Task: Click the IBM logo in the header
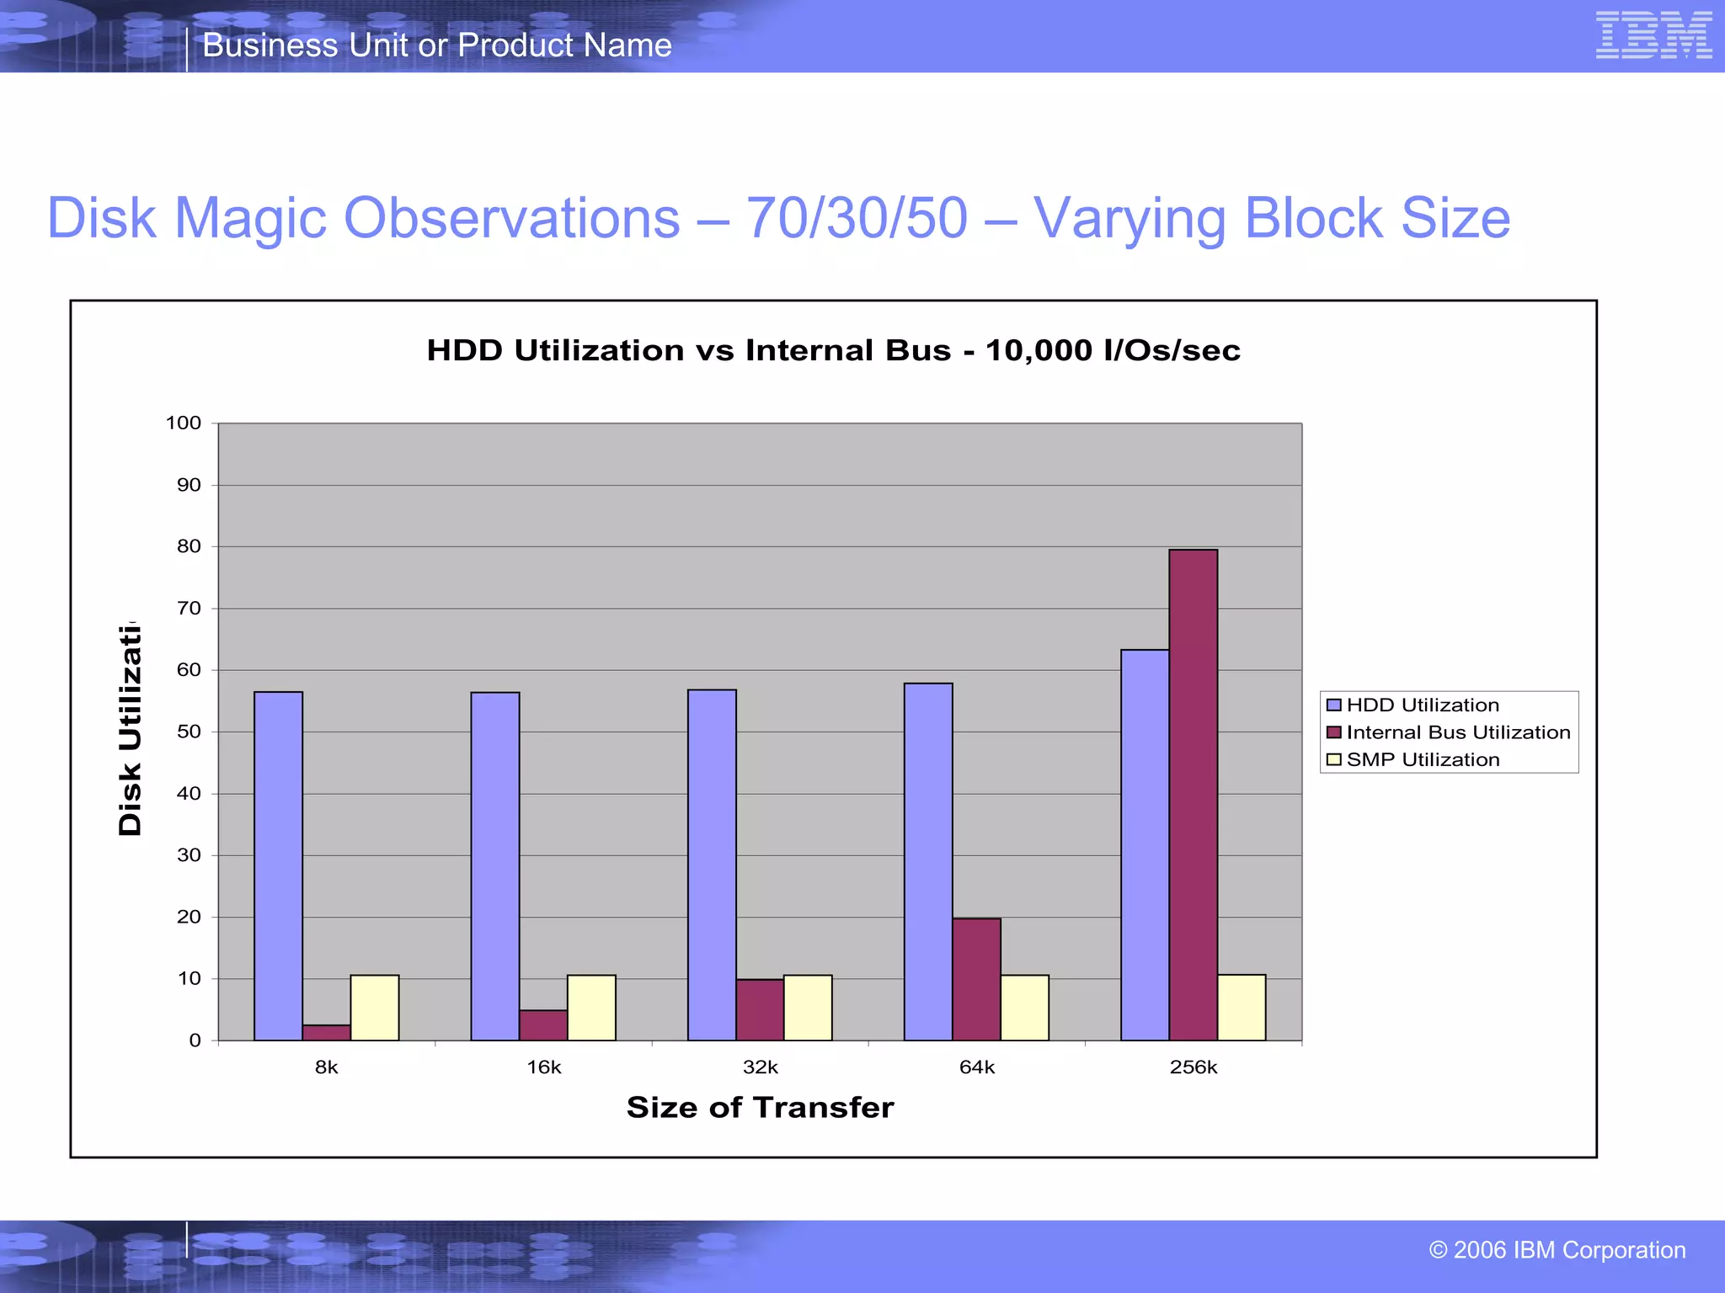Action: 1653,35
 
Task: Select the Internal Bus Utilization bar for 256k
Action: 1193,795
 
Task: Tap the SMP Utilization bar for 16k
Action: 591,1008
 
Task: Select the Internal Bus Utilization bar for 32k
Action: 760,1009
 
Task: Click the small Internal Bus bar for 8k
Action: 326,1032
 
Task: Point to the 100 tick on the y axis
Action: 184,423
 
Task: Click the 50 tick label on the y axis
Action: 189,732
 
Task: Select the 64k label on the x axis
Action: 977,1067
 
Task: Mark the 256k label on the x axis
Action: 1194,1067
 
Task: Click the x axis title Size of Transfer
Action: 760,1107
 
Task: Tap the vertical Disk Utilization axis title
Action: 130,729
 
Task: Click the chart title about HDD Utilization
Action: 833,350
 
